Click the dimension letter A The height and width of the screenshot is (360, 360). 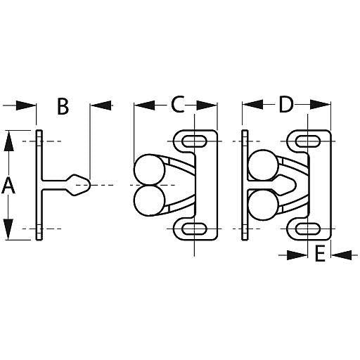click(x=8, y=186)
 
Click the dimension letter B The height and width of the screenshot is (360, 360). click(x=63, y=106)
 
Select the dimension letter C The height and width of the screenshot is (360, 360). click(x=178, y=105)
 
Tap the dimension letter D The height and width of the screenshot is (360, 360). click(x=285, y=105)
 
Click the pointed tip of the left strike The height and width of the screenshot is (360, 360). click(x=89, y=186)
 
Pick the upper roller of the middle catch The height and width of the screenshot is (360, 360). click(x=148, y=171)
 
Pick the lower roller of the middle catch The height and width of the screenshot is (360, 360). click(x=148, y=201)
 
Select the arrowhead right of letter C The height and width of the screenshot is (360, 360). click(x=207, y=105)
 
